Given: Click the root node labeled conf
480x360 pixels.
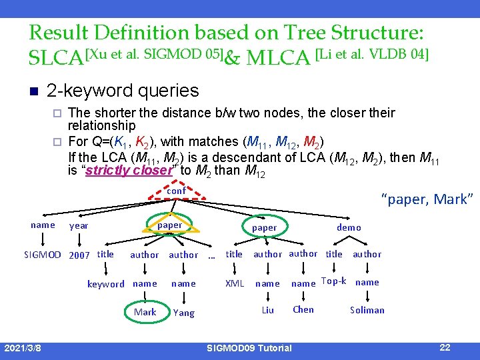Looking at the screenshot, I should coord(176,191).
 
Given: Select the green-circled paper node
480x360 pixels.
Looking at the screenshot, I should coord(170,225).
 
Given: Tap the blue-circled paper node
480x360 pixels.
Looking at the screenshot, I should coord(265,227).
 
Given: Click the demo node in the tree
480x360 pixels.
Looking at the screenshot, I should coord(349,227).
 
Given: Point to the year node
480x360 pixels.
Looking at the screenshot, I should coord(79,226).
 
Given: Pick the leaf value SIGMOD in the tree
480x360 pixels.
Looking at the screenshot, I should coord(43,255).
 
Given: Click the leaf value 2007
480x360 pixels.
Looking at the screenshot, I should coord(79,255).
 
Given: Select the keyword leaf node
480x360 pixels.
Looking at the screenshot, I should coord(106,284).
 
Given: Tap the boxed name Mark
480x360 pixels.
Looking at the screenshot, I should coord(145,312).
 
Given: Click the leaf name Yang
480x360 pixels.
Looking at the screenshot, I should coord(184,313).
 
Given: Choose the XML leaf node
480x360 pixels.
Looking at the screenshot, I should coord(235,283).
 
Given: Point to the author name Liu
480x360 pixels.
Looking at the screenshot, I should coord(267,310).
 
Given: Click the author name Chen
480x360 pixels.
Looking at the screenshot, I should coord(303,309).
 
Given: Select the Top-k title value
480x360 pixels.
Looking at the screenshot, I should coord(333,281).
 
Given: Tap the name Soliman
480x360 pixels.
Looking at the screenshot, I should coord(367,310).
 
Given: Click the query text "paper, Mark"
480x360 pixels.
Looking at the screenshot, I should coord(427,199).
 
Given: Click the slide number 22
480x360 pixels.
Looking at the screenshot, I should coord(445,347).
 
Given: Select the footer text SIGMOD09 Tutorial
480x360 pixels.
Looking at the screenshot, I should coord(249,348).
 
